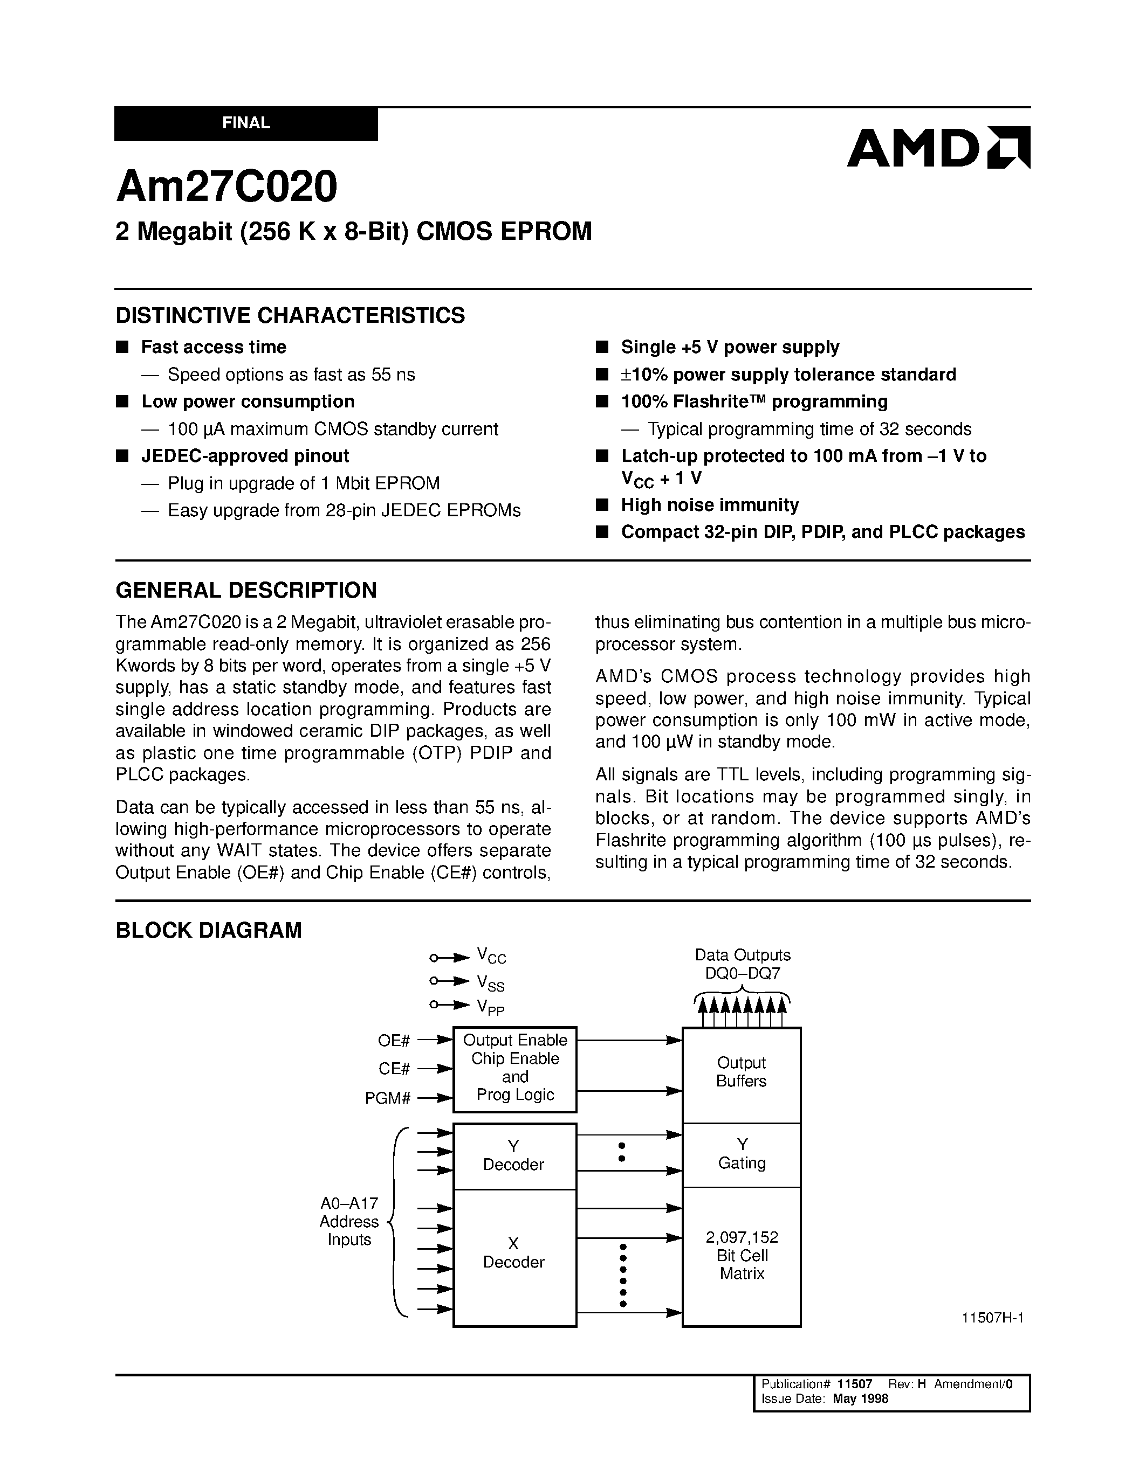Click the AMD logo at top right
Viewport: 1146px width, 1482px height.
tap(938, 147)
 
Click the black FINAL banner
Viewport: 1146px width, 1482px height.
tap(246, 123)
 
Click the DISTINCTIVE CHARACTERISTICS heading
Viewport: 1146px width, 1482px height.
tap(290, 316)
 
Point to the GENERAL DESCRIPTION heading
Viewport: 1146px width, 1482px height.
tap(246, 590)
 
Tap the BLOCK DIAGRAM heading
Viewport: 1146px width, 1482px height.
tap(208, 930)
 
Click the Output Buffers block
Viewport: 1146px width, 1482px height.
tap(742, 1072)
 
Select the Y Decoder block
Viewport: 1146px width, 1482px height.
tap(514, 1155)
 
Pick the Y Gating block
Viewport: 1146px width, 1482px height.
tap(742, 1154)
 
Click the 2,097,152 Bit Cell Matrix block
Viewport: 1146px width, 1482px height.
tap(742, 1255)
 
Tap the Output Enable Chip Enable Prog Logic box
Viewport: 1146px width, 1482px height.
tap(514, 1068)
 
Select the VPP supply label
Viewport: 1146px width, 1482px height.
tap(490, 1008)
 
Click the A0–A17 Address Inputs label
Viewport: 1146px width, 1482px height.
tap(349, 1221)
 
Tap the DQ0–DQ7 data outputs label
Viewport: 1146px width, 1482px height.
tap(742, 974)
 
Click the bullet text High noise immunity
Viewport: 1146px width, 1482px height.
tap(710, 505)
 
